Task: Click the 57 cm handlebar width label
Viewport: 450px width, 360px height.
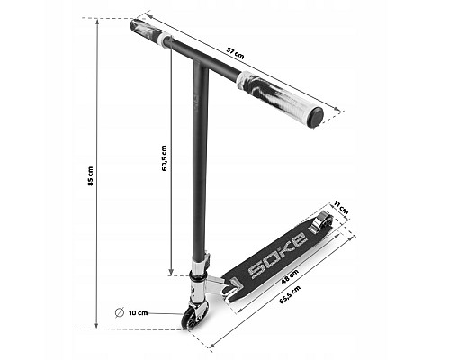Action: click(235, 53)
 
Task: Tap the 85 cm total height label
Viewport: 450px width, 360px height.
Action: click(91, 175)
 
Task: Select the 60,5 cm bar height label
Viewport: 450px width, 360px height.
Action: click(164, 158)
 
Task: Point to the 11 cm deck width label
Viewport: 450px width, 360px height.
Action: click(341, 207)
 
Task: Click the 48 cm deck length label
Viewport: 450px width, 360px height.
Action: click(290, 277)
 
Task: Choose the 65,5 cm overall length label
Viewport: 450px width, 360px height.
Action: click(290, 295)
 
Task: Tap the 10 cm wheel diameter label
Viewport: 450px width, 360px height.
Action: click(139, 313)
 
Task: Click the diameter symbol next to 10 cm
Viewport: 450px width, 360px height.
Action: click(120, 312)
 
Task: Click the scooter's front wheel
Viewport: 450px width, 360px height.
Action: click(188, 318)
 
